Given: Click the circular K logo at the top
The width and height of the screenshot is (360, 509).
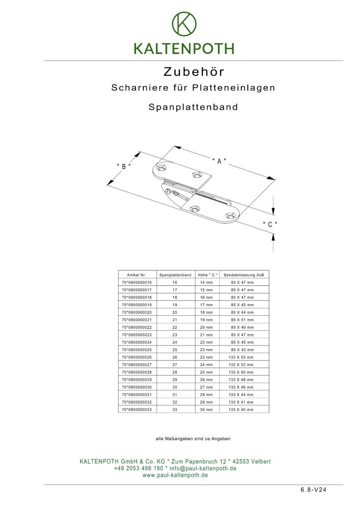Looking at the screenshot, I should [x=184, y=23].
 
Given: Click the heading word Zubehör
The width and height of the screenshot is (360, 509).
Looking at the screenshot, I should [x=194, y=72].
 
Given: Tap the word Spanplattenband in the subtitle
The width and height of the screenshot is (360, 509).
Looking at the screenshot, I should [x=193, y=107].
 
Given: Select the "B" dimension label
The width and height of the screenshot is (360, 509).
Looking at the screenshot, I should [x=123, y=166].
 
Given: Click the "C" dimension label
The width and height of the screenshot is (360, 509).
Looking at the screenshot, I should [x=270, y=225].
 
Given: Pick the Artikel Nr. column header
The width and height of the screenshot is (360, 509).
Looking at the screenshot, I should [x=137, y=275].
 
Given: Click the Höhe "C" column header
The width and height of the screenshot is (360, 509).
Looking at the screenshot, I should [x=206, y=275].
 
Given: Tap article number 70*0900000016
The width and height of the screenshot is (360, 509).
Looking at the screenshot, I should [x=137, y=283].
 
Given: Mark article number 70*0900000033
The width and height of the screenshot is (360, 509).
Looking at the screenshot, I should [x=137, y=410].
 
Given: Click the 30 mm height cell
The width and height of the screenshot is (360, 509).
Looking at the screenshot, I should [x=206, y=410].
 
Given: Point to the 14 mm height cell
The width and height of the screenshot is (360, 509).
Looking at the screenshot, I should [x=206, y=283].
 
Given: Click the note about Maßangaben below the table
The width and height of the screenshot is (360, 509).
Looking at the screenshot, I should [x=193, y=439].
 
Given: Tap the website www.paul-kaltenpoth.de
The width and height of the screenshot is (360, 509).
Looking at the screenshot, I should [x=175, y=475].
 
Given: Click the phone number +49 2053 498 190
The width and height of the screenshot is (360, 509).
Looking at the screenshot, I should [x=138, y=468].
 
